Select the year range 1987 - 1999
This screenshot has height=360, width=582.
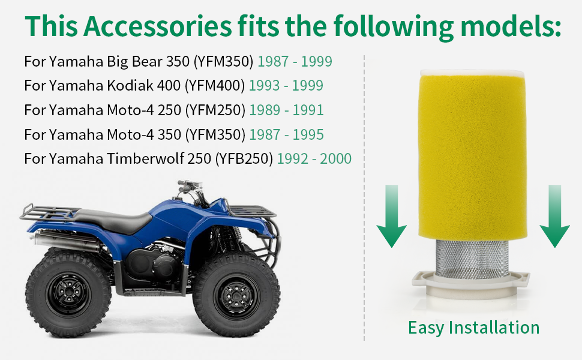click(295, 61)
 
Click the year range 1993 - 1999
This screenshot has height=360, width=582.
click(286, 86)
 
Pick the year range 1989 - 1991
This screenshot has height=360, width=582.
click(286, 110)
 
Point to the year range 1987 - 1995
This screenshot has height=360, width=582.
click(286, 135)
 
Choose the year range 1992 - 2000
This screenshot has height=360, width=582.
click(314, 159)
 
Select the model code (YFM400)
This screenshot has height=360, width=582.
click(215, 86)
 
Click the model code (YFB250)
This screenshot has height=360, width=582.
click(243, 159)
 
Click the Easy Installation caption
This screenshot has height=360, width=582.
click(473, 328)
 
